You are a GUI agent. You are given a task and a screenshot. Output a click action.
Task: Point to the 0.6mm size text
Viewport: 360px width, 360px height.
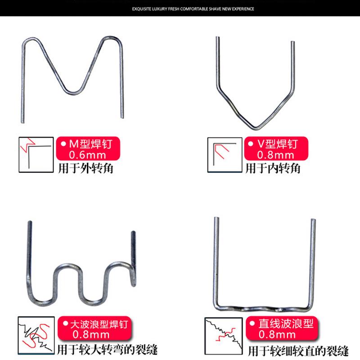pyautogui.click(x=85, y=156)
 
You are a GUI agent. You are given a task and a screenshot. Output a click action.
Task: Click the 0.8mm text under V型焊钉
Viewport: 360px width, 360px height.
pyautogui.click(x=275, y=156)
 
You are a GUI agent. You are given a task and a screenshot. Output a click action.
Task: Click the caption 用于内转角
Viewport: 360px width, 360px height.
pyautogui.click(x=273, y=169)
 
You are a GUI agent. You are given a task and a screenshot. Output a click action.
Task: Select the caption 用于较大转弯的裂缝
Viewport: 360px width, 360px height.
pyautogui.click(x=108, y=349)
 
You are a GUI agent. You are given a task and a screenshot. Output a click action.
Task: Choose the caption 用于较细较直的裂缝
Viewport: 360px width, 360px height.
pyautogui.click(x=299, y=349)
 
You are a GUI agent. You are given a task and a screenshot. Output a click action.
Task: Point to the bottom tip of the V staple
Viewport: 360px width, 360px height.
pyautogui.click(x=255, y=127)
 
